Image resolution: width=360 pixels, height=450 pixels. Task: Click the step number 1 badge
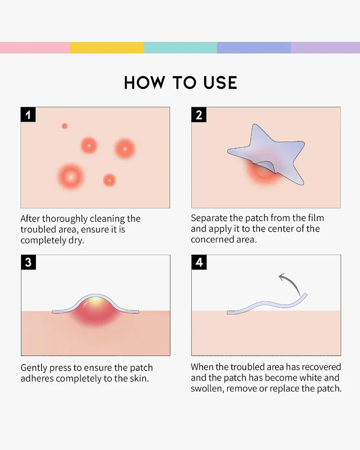tap(28, 114)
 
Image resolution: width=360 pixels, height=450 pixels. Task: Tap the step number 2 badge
tap(198, 114)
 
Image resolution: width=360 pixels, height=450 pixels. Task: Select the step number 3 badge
tap(28, 262)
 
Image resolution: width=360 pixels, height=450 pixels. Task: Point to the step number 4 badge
tap(199, 262)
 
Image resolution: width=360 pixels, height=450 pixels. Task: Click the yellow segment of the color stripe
tap(107, 48)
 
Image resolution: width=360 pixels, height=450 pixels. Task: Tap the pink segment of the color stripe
tap(35, 48)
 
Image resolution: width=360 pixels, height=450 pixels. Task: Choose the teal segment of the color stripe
tap(180, 48)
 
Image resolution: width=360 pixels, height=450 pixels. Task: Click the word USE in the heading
tap(220, 83)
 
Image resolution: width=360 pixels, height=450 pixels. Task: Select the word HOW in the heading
tap(144, 83)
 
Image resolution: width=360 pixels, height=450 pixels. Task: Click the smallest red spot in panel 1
tap(65, 126)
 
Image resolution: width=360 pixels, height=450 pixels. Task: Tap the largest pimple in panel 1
tap(71, 177)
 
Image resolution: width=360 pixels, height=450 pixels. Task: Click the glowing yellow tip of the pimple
tap(95, 301)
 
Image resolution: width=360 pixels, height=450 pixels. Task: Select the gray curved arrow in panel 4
tap(290, 283)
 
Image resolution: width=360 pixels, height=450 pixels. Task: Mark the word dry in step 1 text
tap(76, 240)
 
